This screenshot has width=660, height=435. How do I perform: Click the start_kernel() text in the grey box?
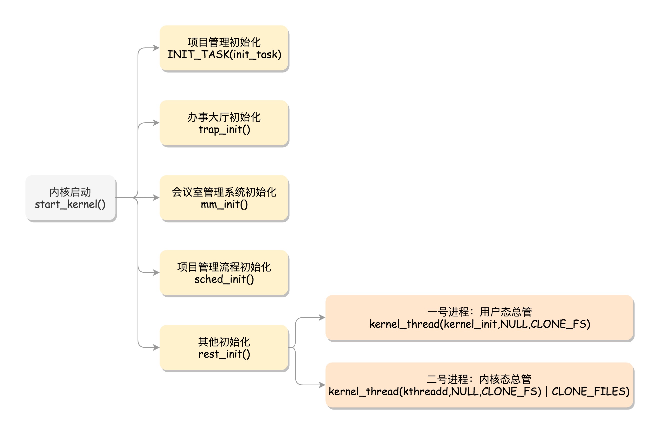point(70,205)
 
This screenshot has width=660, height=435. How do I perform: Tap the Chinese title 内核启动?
point(70,192)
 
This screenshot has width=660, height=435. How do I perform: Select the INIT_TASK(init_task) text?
point(224,54)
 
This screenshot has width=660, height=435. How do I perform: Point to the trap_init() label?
point(224,130)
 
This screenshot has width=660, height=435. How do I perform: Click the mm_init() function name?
point(224,205)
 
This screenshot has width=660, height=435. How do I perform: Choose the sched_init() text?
point(224,279)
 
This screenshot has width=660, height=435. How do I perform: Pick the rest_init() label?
point(224,354)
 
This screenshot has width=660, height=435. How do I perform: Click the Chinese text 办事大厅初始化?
point(224,117)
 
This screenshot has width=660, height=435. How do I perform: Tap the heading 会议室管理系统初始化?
point(224,192)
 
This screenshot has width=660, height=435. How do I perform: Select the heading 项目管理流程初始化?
point(224,267)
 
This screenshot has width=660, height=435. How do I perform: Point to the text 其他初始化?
point(224,342)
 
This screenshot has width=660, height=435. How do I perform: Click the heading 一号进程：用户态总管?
point(479,312)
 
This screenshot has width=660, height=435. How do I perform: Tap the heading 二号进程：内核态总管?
point(479,379)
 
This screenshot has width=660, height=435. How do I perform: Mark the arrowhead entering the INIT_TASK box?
point(156,48)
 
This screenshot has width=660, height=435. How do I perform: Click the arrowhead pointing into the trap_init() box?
point(156,123)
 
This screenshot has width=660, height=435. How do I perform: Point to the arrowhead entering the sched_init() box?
point(156,272)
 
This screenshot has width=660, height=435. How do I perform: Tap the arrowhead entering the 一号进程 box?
point(322,317)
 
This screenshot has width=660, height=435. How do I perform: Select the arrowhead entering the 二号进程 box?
point(322,385)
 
